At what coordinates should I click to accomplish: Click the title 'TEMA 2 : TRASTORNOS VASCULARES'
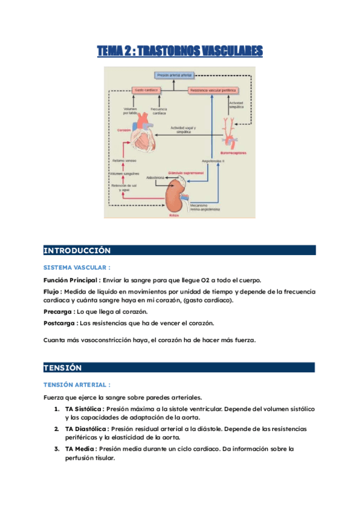point(180,52)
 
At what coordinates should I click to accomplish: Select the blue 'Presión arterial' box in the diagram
point(174,76)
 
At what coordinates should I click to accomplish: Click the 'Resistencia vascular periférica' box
point(213,90)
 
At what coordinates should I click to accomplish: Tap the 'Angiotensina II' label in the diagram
point(213,161)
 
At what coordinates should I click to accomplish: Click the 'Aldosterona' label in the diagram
point(155,178)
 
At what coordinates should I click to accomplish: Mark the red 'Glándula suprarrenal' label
point(185,172)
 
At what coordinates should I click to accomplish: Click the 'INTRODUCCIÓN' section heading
point(77,250)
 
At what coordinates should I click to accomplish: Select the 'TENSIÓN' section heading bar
point(62,367)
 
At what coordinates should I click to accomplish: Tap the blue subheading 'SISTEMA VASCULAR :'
point(77,267)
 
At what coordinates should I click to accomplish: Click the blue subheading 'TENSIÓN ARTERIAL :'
point(77,384)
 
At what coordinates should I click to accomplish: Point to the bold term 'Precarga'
point(58,312)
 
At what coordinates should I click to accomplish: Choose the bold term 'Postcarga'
point(59,323)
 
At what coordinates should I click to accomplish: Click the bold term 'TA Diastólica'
point(86,429)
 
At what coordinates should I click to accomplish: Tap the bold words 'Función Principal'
point(71,280)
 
